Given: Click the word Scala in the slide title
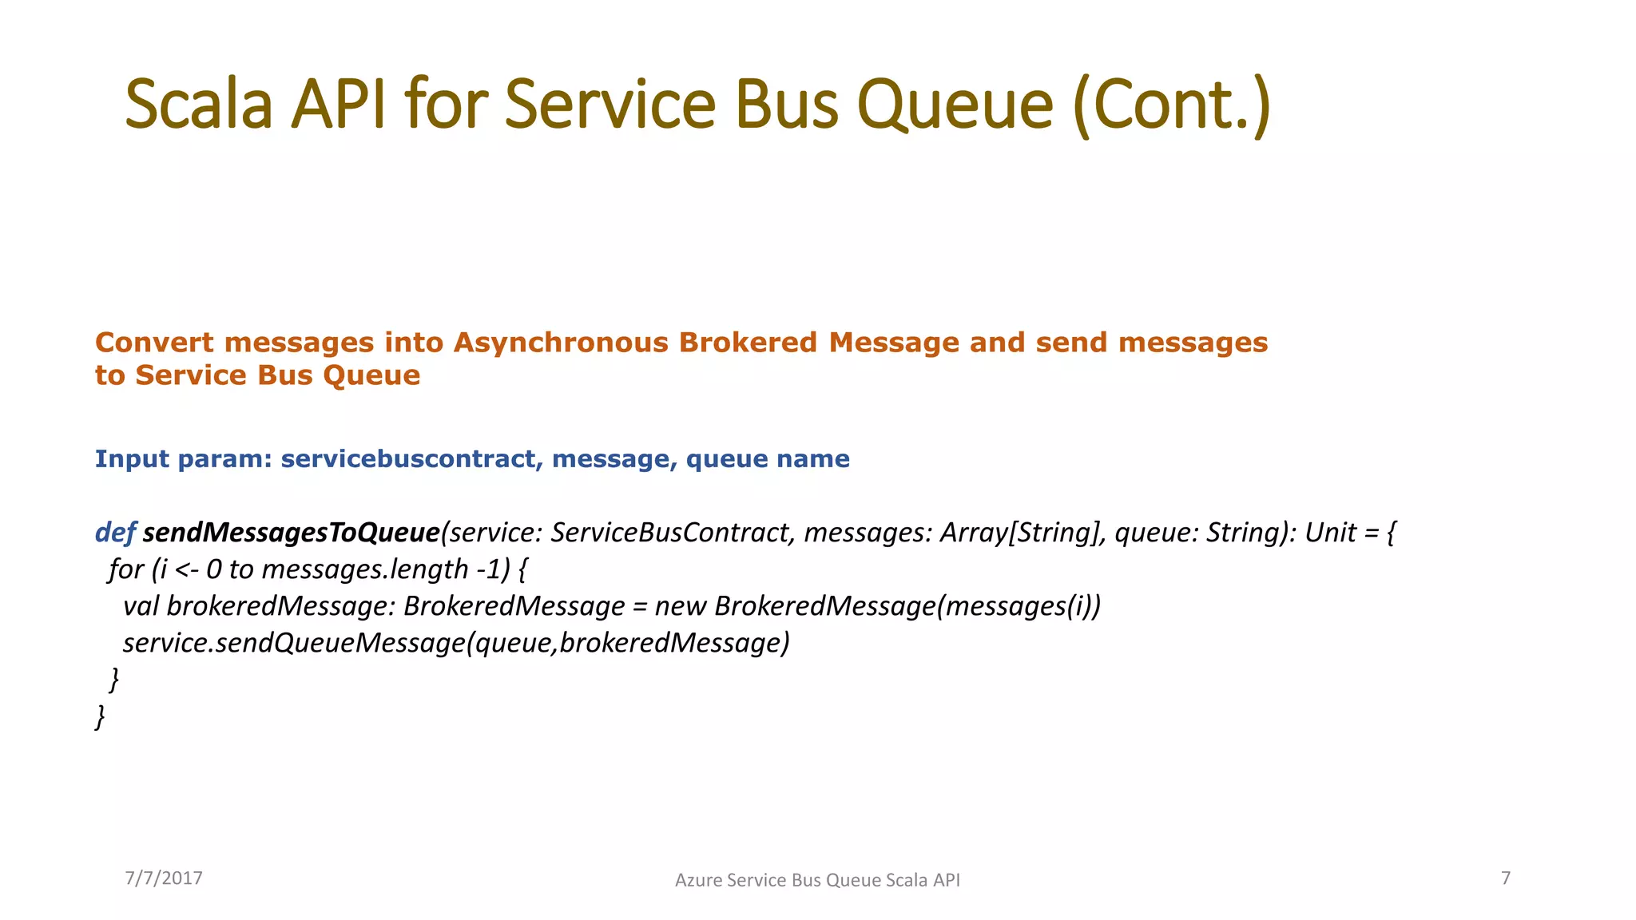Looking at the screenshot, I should tap(199, 105).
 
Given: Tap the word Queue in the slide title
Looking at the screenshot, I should tap(955, 106).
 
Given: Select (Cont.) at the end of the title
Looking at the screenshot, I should tap(1171, 105).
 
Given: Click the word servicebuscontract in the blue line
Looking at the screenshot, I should tap(408, 459).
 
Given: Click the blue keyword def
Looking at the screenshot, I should tap(115, 533).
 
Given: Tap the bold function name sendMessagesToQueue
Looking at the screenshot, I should tap(292, 533).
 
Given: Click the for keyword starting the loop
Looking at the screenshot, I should tap(125, 569).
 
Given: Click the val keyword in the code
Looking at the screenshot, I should tap(141, 606).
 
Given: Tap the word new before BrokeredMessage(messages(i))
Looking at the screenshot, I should tap(680, 606).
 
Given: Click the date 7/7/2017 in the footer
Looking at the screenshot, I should tap(164, 878).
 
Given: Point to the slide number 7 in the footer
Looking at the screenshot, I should tap(1506, 878).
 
